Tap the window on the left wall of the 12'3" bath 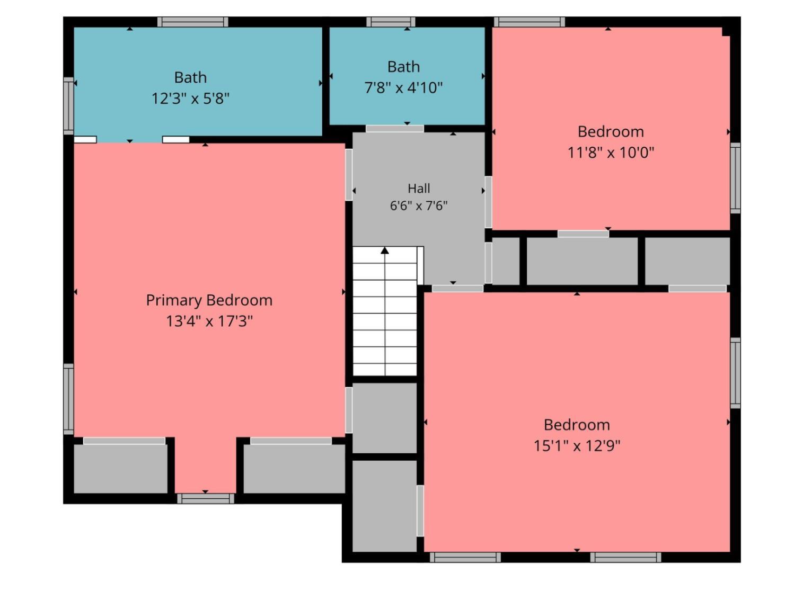pos(68,106)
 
